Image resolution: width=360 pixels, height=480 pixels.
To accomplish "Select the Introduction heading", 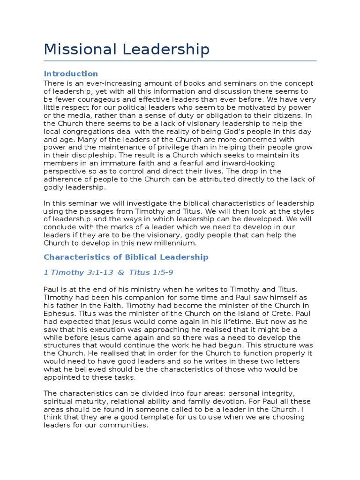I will click(x=71, y=74).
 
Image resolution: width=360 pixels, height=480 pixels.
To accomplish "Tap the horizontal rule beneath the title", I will click(x=180, y=61).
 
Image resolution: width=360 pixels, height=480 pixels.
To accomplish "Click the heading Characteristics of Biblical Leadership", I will click(x=126, y=257).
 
